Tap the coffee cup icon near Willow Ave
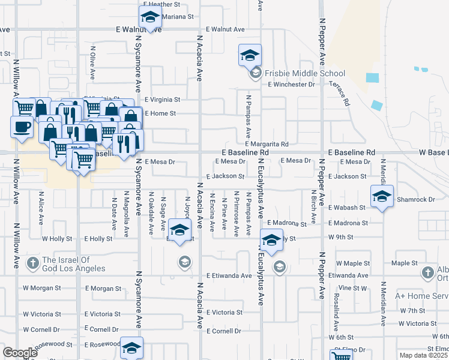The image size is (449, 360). click(22, 127)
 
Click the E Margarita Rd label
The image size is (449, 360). click(267, 144)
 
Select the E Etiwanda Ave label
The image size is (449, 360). click(229, 275)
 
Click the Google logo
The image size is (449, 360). click(19, 352)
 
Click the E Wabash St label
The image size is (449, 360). click(346, 208)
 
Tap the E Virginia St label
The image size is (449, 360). click(162, 100)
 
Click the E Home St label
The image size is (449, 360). click(160, 113)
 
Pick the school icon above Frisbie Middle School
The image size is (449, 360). click(250, 55)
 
